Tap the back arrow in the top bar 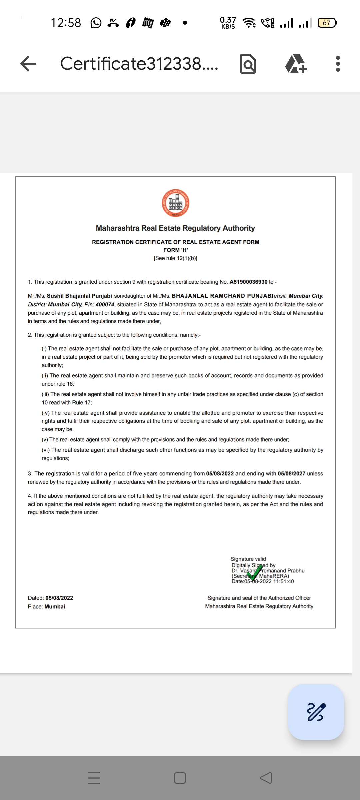28,63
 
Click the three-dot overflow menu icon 338,63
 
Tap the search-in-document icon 248,63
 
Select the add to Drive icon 296,63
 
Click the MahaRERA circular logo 176,203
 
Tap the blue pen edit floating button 316,712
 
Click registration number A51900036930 248,282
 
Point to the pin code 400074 105,305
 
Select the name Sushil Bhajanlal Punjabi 79,296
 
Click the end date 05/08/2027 291,474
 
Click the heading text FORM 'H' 176,250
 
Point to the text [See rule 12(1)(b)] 175,258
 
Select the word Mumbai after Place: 55,607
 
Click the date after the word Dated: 59,598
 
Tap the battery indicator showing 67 327,23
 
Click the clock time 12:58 66,23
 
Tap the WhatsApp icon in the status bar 96,23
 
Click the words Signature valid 248,559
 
